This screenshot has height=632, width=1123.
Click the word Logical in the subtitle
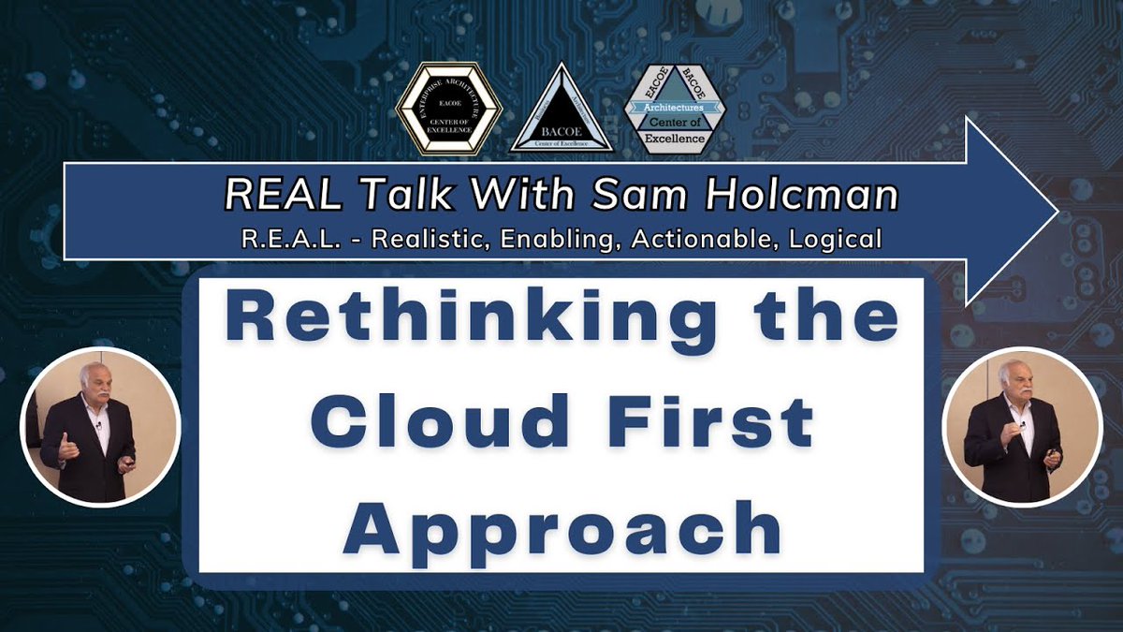pyautogui.click(x=834, y=239)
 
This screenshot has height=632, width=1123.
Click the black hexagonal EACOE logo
pyautogui.click(x=449, y=108)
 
